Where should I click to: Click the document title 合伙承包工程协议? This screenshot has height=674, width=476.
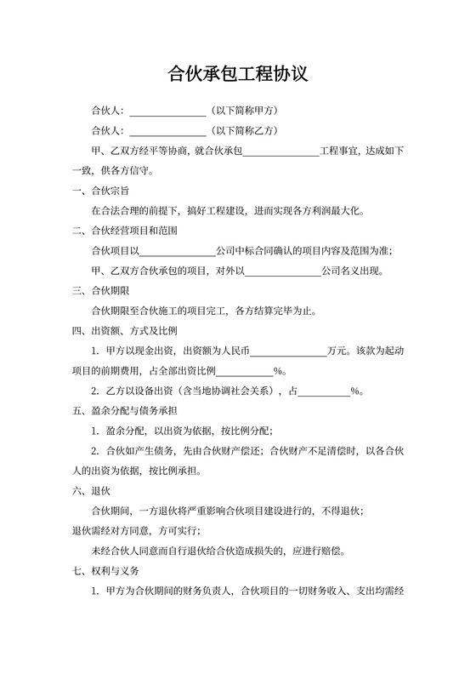(237, 75)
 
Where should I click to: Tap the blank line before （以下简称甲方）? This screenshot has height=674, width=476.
(167, 111)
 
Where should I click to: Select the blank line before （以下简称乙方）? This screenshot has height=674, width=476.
(167, 131)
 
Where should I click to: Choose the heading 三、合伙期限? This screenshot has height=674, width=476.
(100, 291)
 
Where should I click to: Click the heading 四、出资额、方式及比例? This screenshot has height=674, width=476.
(124, 331)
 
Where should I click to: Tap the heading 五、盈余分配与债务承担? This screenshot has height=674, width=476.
(124, 411)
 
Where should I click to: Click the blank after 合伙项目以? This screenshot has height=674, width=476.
(176, 251)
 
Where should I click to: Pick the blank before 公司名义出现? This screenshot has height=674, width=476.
(282, 271)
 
